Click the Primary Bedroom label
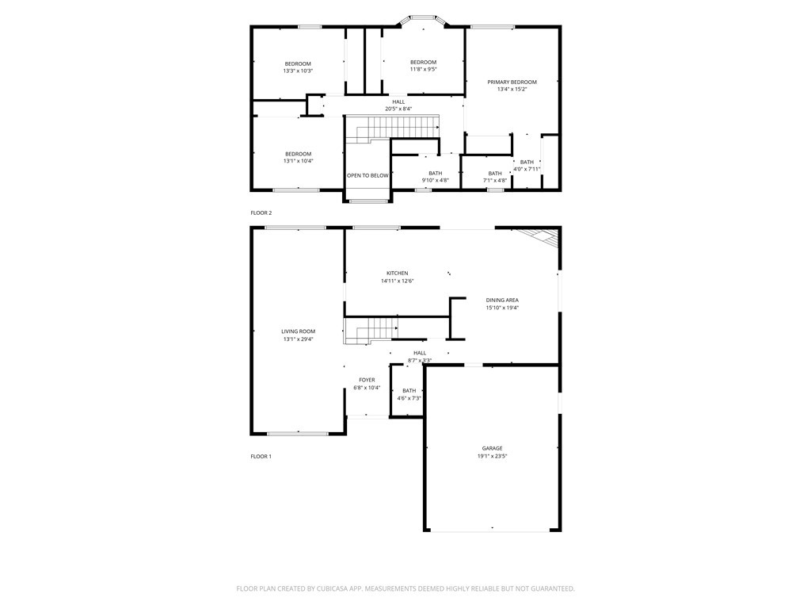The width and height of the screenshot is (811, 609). [x=512, y=82]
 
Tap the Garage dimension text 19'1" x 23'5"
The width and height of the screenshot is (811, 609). [x=492, y=456]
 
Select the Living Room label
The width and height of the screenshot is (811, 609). [x=298, y=331]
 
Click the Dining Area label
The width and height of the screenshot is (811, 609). [x=502, y=300]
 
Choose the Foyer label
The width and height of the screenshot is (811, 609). [x=367, y=380]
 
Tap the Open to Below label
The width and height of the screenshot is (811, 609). [x=367, y=175]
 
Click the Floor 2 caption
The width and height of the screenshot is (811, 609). [x=261, y=213]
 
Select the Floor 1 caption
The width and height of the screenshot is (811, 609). [x=261, y=457]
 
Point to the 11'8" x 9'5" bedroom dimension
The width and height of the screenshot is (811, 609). [x=423, y=70]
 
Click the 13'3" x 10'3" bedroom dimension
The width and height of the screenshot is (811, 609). [x=298, y=71]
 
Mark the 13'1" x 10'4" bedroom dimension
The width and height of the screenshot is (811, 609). [x=298, y=161]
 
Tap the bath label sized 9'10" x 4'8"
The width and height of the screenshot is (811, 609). [x=435, y=173]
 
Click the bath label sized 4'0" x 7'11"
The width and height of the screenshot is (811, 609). [x=527, y=162]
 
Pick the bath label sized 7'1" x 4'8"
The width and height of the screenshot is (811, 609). [x=495, y=173]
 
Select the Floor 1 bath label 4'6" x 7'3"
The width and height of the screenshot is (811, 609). [x=409, y=390]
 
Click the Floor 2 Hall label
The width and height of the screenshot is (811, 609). [x=398, y=101]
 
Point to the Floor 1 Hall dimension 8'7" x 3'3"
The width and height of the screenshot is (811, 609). [x=420, y=361]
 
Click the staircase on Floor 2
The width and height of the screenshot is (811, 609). [x=396, y=127]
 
